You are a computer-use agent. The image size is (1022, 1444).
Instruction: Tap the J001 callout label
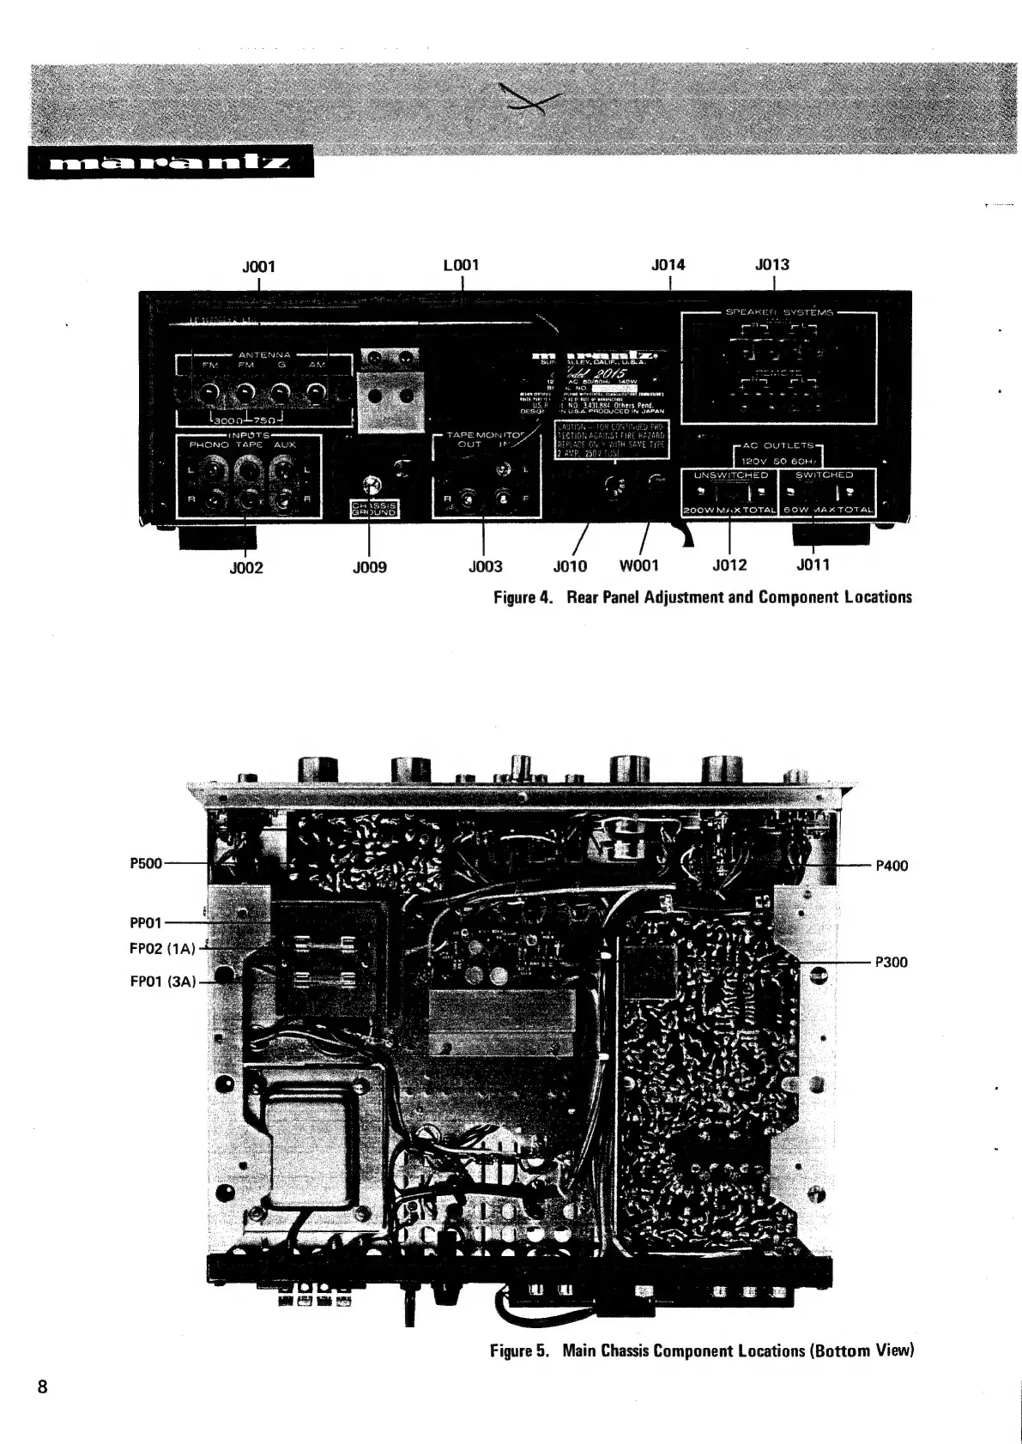pyautogui.click(x=258, y=266)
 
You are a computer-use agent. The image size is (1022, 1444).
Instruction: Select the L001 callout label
pyautogui.click(x=461, y=264)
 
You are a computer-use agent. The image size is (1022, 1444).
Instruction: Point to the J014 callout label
pyautogui.click(x=668, y=264)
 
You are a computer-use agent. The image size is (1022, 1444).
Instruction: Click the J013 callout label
pyautogui.click(x=772, y=264)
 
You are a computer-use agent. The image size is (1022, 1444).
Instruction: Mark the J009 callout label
pyautogui.click(x=369, y=567)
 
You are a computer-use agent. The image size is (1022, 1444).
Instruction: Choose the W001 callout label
pyautogui.click(x=639, y=566)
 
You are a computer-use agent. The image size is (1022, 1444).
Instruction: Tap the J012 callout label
pyautogui.click(x=729, y=565)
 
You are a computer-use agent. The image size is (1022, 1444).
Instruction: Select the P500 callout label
pyautogui.click(x=146, y=863)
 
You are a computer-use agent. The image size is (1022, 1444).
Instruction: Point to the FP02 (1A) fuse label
pyautogui.click(x=163, y=948)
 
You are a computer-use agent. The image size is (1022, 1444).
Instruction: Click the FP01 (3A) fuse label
pyautogui.click(x=163, y=981)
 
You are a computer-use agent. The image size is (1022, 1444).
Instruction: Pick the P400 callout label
pyautogui.click(x=891, y=866)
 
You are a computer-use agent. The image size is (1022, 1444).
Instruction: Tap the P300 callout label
pyautogui.click(x=891, y=962)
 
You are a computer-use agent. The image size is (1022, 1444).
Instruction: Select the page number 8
pyautogui.click(x=42, y=1387)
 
